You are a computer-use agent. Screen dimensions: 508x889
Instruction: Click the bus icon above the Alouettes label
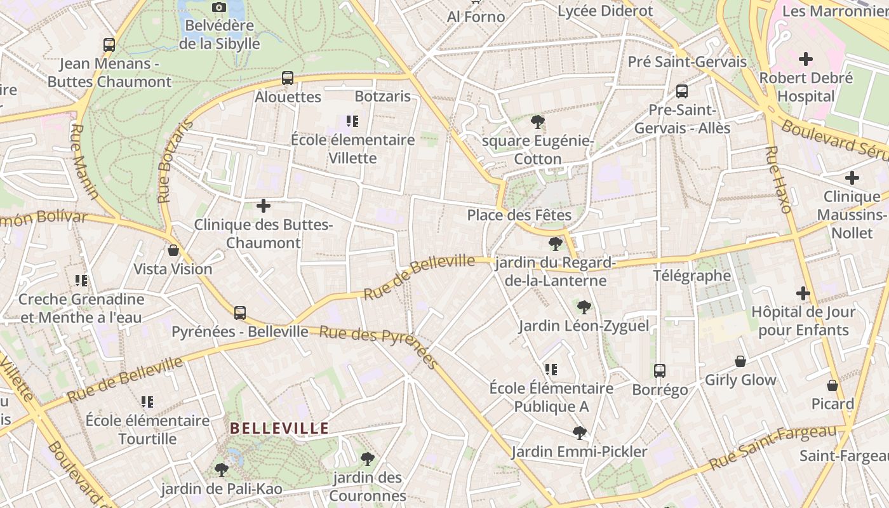pos(288,78)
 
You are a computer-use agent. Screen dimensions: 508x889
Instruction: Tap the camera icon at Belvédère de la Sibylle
pos(219,7)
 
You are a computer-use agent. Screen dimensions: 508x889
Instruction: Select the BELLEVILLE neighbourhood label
pos(279,428)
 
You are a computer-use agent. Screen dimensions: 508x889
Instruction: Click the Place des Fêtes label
pos(519,215)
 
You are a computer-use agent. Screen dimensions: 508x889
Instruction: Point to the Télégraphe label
pos(692,276)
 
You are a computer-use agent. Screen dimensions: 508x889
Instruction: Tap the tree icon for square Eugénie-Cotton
pos(538,121)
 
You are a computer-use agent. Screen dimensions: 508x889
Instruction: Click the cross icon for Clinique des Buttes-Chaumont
pos(264,206)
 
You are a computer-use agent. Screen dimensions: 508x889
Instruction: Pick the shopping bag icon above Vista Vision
pos(173,250)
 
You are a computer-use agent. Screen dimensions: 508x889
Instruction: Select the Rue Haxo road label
pos(779,180)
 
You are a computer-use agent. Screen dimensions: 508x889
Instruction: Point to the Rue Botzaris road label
pos(174,162)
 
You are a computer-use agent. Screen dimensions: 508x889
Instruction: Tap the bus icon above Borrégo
pos(660,371)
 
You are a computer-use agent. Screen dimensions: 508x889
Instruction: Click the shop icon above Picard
pos(832,385)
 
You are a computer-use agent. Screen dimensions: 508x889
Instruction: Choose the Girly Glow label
pos(740,380)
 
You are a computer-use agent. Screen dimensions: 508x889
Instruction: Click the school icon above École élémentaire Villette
pos(352,121)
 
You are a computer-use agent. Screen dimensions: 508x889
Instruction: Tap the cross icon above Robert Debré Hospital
pos(806,60)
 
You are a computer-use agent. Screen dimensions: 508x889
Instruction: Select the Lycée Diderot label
pos(605,11)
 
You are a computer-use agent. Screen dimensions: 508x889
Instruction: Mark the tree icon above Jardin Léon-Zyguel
pos(584,307)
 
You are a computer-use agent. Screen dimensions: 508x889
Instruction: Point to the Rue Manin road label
pos(85,161)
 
